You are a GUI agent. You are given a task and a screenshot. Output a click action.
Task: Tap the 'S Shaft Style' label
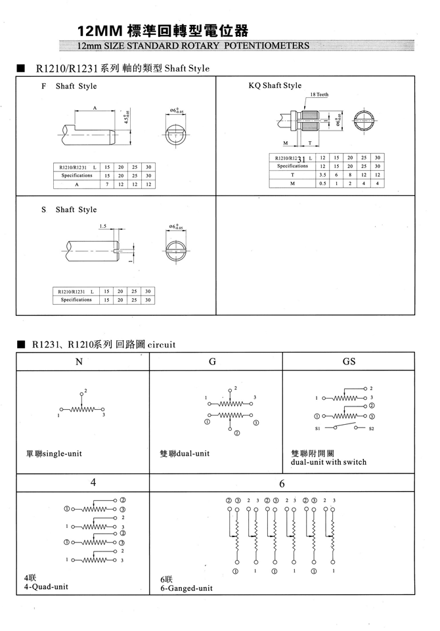[x=69, y=209]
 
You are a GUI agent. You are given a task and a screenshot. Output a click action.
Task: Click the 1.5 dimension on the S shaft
[x=102, y=225]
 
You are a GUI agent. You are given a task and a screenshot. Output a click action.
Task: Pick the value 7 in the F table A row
[x=105, y=185]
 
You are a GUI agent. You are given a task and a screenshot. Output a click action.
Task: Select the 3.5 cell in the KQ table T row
[x=322, y=175]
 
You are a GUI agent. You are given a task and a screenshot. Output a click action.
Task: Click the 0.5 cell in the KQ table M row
[x=322, y=183]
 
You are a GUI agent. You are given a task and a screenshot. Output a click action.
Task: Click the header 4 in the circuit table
[x=93, y=483]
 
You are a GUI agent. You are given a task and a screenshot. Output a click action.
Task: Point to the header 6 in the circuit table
[x=281, y=484]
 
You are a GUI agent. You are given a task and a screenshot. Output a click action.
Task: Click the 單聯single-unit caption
[x=54, y=453]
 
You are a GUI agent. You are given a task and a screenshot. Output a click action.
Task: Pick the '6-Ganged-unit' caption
[x=187, y=589]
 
